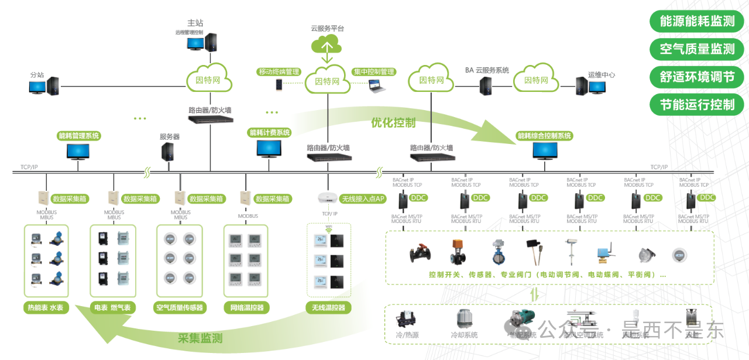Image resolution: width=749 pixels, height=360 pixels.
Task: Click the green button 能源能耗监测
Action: (x=697, y=22)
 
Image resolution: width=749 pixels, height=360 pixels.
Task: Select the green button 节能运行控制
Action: (x=697, y=105)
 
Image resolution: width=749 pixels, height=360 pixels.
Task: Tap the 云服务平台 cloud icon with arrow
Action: (x=327, y=45)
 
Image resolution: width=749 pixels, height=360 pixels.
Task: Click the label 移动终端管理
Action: (x=279, y=72)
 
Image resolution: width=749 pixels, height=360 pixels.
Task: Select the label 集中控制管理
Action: (x=374, y=72)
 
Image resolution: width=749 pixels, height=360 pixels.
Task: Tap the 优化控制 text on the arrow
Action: (x=393, y=123)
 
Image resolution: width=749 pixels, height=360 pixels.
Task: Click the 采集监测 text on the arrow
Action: (x=200, y=338)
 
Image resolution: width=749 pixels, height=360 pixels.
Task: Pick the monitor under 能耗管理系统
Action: (x=78, y=151)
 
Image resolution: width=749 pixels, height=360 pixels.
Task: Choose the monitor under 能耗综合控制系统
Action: (x=544, y=151)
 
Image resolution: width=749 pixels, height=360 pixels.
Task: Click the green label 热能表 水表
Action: (x=45, y=307)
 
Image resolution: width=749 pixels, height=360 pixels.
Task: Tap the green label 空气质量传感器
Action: (x=180, y=307)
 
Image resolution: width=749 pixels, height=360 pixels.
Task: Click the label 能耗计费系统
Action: (x=270, y=133)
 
